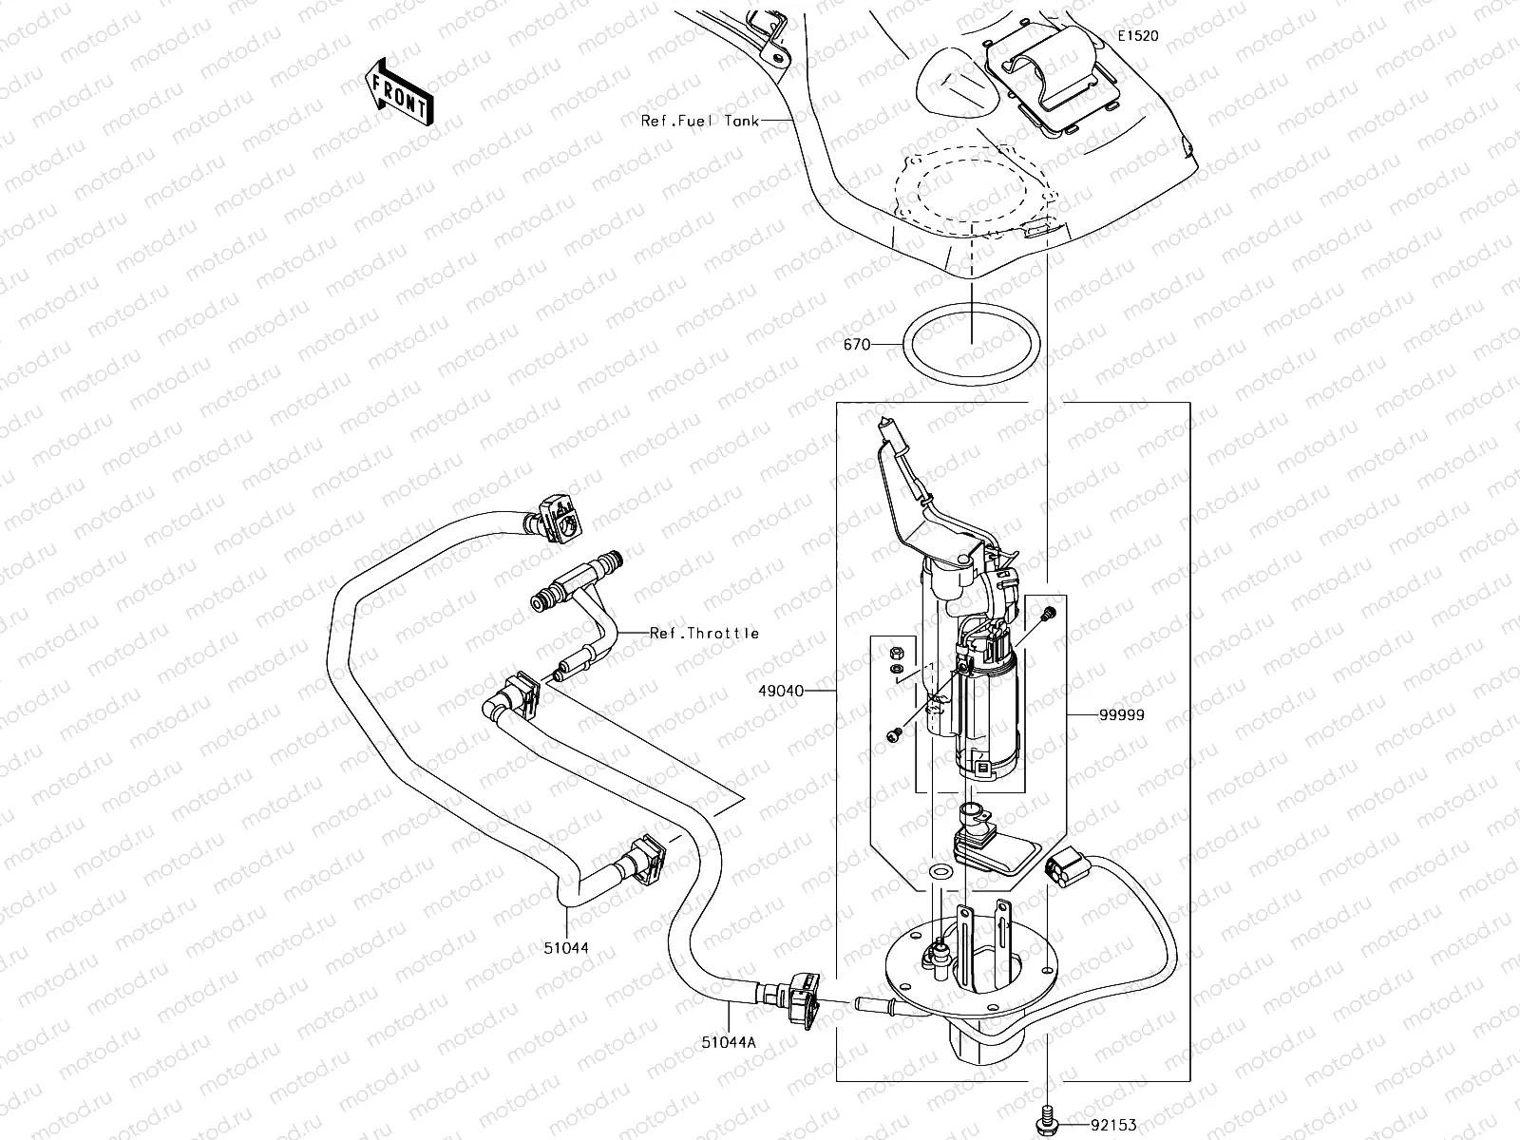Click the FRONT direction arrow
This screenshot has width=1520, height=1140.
click(x=398, y=91)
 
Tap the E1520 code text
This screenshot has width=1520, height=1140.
click(x=1137, y=36)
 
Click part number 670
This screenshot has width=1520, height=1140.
click(x=856, y=345)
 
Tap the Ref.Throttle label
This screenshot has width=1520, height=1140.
click(x=704, y=633)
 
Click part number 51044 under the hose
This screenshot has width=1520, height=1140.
click(x=567, y=947)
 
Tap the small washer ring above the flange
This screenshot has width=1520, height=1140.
click(x=940, y=871)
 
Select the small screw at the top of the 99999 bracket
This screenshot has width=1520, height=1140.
click(x=1047, y=613)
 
